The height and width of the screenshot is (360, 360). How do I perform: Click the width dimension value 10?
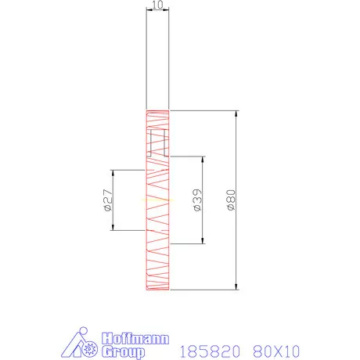[158, 5]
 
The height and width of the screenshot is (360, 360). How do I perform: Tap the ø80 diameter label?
[230, 200]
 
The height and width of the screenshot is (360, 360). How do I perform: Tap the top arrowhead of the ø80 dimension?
[237, 113]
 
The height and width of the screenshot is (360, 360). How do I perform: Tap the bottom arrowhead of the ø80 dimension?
[237, 286]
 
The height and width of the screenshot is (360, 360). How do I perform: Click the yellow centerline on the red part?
[157, 200]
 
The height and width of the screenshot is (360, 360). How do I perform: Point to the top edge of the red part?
[157, 110]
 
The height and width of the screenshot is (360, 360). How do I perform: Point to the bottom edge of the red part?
[157, 290]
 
